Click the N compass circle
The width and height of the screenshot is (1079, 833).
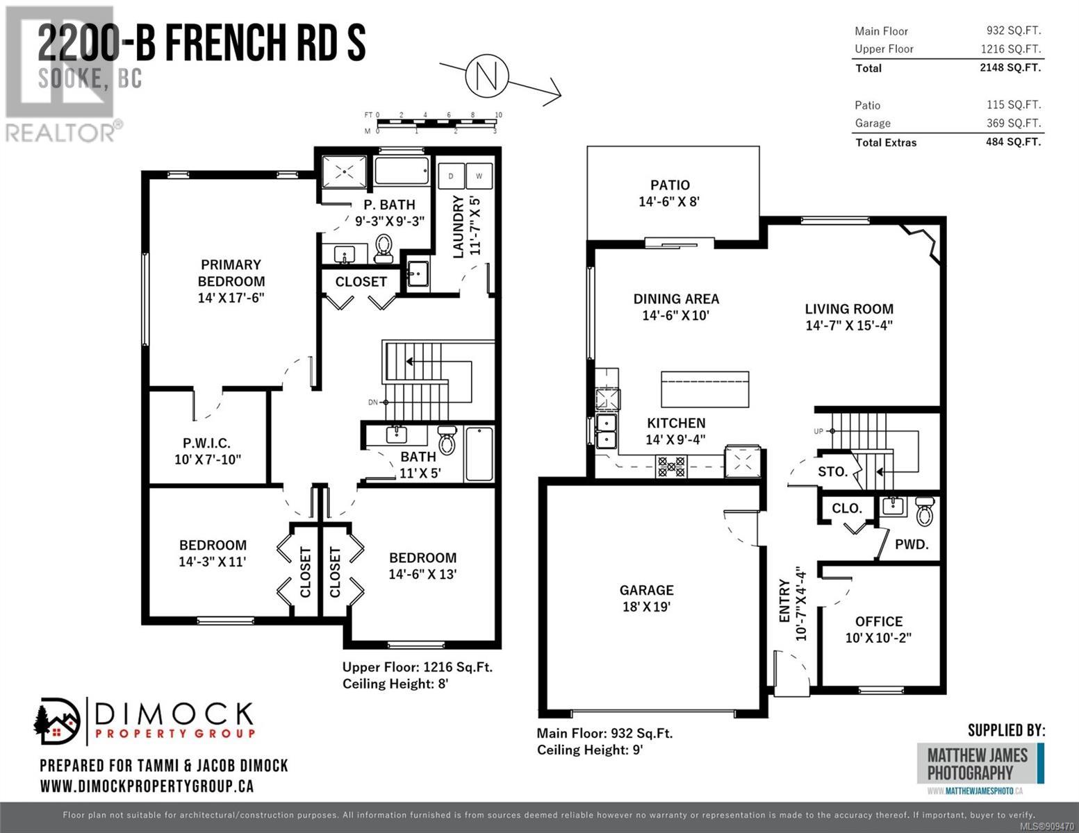486,76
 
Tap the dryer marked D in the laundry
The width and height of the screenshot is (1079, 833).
451,176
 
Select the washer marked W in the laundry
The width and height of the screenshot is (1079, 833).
479,176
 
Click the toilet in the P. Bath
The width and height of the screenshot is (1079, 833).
384,248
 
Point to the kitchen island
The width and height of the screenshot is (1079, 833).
705,389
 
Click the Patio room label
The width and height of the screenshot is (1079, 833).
670,185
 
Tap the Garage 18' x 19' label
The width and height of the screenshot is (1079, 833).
647,598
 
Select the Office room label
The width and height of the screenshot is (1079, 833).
878,621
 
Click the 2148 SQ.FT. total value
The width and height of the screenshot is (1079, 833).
1010,67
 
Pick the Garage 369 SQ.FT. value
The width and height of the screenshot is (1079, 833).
1014,123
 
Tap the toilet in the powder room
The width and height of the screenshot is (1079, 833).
925,511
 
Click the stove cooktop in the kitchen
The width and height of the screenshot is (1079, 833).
671,467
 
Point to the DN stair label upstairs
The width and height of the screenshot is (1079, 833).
373,402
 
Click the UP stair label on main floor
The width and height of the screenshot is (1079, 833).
818,431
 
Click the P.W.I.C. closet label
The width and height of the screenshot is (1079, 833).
206,443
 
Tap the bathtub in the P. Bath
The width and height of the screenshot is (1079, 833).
402,171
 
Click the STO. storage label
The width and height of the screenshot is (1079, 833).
832,471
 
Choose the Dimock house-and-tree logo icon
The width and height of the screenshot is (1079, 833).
57,721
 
